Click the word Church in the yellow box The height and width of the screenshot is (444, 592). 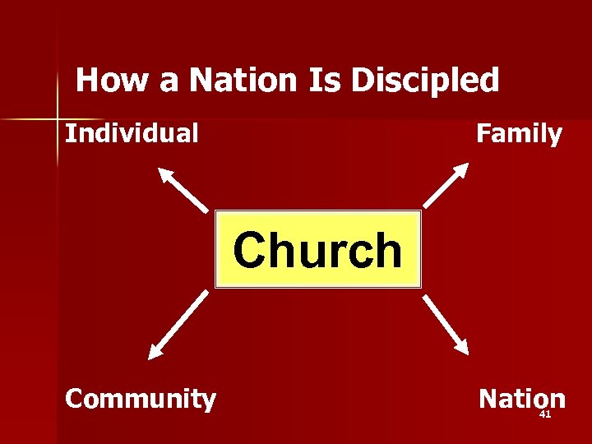(317, 250)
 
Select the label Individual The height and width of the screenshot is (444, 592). (132, 133)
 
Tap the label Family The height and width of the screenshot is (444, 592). (519, 133)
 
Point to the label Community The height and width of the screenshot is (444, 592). (141, 399)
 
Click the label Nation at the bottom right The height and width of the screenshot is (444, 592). (522, 399)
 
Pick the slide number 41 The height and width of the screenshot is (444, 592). (544, 414)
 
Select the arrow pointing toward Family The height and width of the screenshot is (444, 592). (446, 185)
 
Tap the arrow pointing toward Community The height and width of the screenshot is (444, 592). (178, 326)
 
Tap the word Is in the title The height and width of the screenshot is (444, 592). (325, 81)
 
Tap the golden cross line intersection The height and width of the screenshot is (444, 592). (58, 118)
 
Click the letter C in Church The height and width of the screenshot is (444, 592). (250, 250)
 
